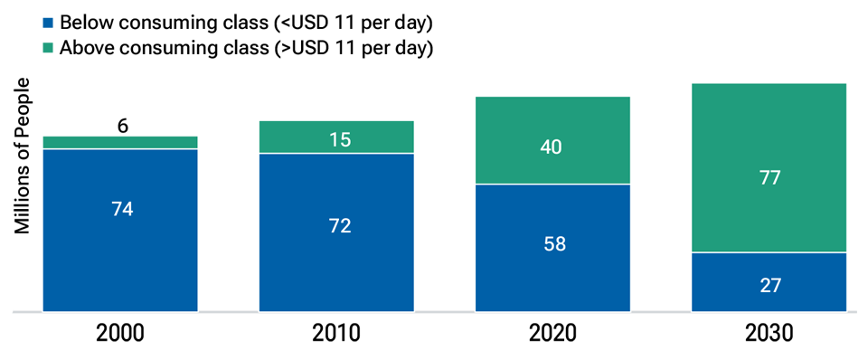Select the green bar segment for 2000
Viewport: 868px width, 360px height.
[x=120, y=142]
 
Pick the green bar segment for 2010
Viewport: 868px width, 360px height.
[x=336, y=137]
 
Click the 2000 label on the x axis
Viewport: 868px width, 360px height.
[x=120, y=334]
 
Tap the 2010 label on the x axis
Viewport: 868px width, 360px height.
[x=336, y=334]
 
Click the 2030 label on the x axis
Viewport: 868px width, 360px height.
[x=769, y=334]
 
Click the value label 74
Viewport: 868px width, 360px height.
[x=120, y=209]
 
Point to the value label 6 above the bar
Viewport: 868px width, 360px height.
[x=122, y=126]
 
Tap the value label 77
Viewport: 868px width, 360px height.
[x=769, y=177]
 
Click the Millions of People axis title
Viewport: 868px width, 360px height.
[x=24, y=156]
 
